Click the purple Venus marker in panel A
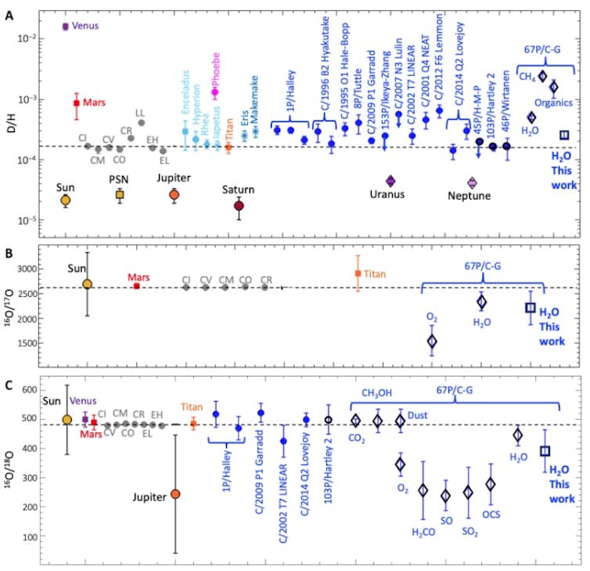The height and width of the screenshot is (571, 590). point(66,27)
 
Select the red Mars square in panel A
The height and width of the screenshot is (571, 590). point(77,103)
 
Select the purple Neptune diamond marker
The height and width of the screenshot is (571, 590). point(472,183)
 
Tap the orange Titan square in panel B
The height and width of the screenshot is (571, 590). point(358,273)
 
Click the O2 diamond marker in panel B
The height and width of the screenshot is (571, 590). point(431,341)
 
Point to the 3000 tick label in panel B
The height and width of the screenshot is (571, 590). point(26,269)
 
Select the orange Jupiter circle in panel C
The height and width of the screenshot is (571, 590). point(176,493)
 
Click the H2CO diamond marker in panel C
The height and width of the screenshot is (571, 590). point(423,490)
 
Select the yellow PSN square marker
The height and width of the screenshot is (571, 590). point(120,194)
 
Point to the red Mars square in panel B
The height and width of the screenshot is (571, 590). point(137,286)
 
